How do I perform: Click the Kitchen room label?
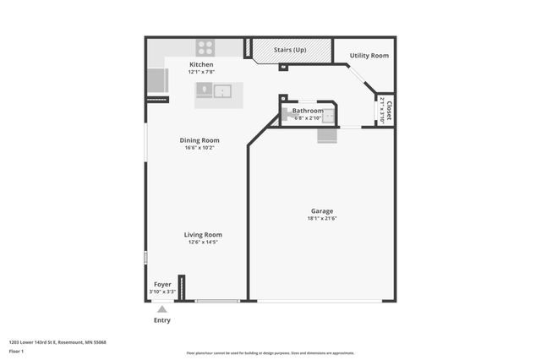[x=201, y=64]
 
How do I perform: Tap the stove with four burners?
[x=205, y=47]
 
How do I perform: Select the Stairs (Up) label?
[x=289, y=50]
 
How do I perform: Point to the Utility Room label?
[x=369, y=55]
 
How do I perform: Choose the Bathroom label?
[x=308, y=111]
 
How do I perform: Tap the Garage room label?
[x=321, y=210]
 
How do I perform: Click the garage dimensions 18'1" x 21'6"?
[x=321, y=218]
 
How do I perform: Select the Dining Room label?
[x=199, y=140]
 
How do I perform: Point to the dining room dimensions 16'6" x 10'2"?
[x=199, y=148]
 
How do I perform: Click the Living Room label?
[x=203, y=234]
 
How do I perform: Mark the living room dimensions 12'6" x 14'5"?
[x=203, y=243]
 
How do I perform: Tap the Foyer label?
[x=162, y=284]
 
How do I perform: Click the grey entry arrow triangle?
[x=162, y=309]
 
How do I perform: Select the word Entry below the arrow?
[x=162, y=320]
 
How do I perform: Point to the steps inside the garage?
[x=327, y=135]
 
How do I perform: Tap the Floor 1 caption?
[x=29, y=350]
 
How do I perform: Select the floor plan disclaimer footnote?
[x=270, y=352]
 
